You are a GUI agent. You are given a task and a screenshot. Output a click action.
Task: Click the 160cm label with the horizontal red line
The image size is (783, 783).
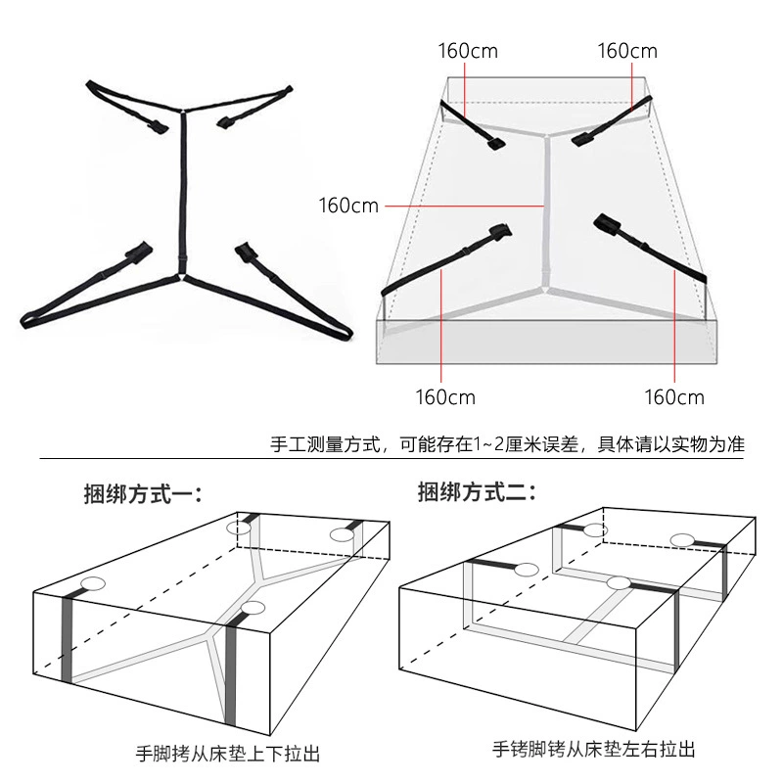pos(348,206)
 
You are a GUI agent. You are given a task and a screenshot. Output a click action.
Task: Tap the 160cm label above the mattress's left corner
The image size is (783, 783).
pos(468,51)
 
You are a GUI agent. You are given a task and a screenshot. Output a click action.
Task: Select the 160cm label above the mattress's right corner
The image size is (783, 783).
pos(627,51)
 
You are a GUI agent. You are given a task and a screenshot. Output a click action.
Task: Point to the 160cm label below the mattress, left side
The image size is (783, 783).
pos(445,397)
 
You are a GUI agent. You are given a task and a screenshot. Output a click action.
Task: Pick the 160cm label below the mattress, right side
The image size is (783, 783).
pos(674,397)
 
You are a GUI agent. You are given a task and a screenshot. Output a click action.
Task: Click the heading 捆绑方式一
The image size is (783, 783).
pos(143,494)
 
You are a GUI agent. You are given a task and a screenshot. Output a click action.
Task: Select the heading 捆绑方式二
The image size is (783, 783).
pos(477,492)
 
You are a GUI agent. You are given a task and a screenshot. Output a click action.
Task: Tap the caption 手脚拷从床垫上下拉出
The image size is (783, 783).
pos(228,754)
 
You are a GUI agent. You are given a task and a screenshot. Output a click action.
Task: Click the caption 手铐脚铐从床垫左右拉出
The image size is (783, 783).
pos(594,749)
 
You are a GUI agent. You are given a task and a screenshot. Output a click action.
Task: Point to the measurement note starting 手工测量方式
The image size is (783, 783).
pos(507,444)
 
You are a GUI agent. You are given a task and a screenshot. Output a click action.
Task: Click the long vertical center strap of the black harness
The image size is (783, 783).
pos(183,191)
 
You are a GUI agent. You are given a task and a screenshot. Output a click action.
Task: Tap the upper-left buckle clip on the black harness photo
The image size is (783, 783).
pos(158,127)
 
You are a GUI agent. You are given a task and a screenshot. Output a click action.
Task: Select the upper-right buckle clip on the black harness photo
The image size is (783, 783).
pos(224,121)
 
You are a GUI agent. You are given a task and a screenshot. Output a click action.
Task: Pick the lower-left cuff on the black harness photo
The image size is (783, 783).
pos(138,251)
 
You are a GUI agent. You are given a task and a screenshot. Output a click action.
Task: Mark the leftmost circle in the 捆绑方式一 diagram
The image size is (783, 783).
pos(93,583)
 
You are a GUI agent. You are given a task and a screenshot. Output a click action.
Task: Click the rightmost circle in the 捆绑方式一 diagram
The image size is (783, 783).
pos(342,534)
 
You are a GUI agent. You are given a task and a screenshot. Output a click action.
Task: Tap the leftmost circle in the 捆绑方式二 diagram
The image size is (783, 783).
pos(527,570)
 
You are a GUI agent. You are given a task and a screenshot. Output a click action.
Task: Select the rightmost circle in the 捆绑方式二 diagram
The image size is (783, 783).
pos(682,540)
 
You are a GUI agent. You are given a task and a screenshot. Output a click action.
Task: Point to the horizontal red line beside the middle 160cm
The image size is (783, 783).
pos(464,206)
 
